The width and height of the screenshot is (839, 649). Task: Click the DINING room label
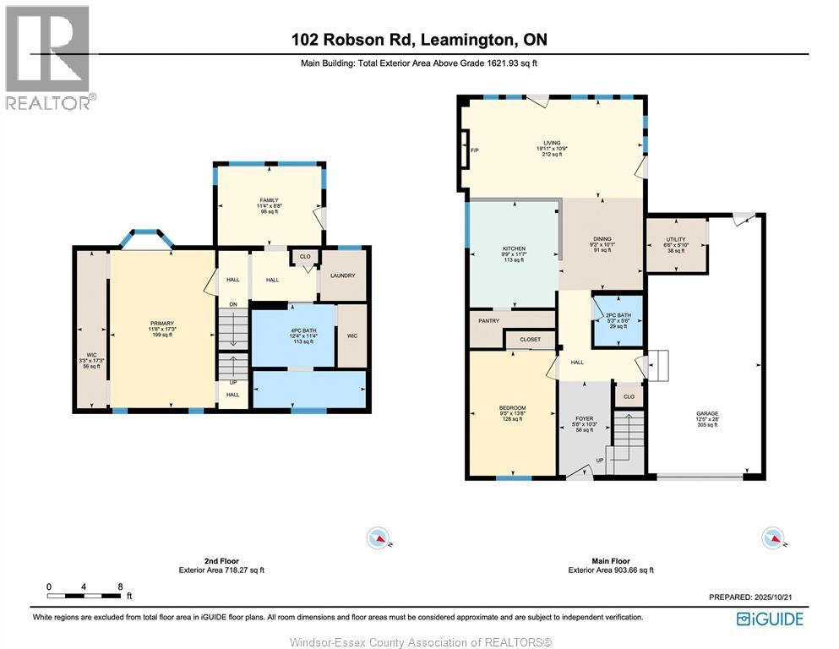[x=601, y=239]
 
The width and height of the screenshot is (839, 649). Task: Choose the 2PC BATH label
[x=618, y=314]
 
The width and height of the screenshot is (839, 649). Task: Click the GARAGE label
[x=706, y=413]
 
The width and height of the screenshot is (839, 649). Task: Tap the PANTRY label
[x=489, y=320]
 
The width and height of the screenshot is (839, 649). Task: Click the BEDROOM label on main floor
[x=512, y=408]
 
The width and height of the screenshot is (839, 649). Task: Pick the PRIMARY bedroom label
[x=161, y=322]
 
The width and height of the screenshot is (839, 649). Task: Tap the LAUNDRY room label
[x=343, y=275]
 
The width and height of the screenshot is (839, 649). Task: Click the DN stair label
[x=232, y=304]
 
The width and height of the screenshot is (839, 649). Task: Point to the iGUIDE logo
[x=770, y=619]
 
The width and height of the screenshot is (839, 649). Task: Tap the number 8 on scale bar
[x=121, y=586]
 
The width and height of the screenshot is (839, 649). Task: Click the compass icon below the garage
[x=772, y=537]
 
